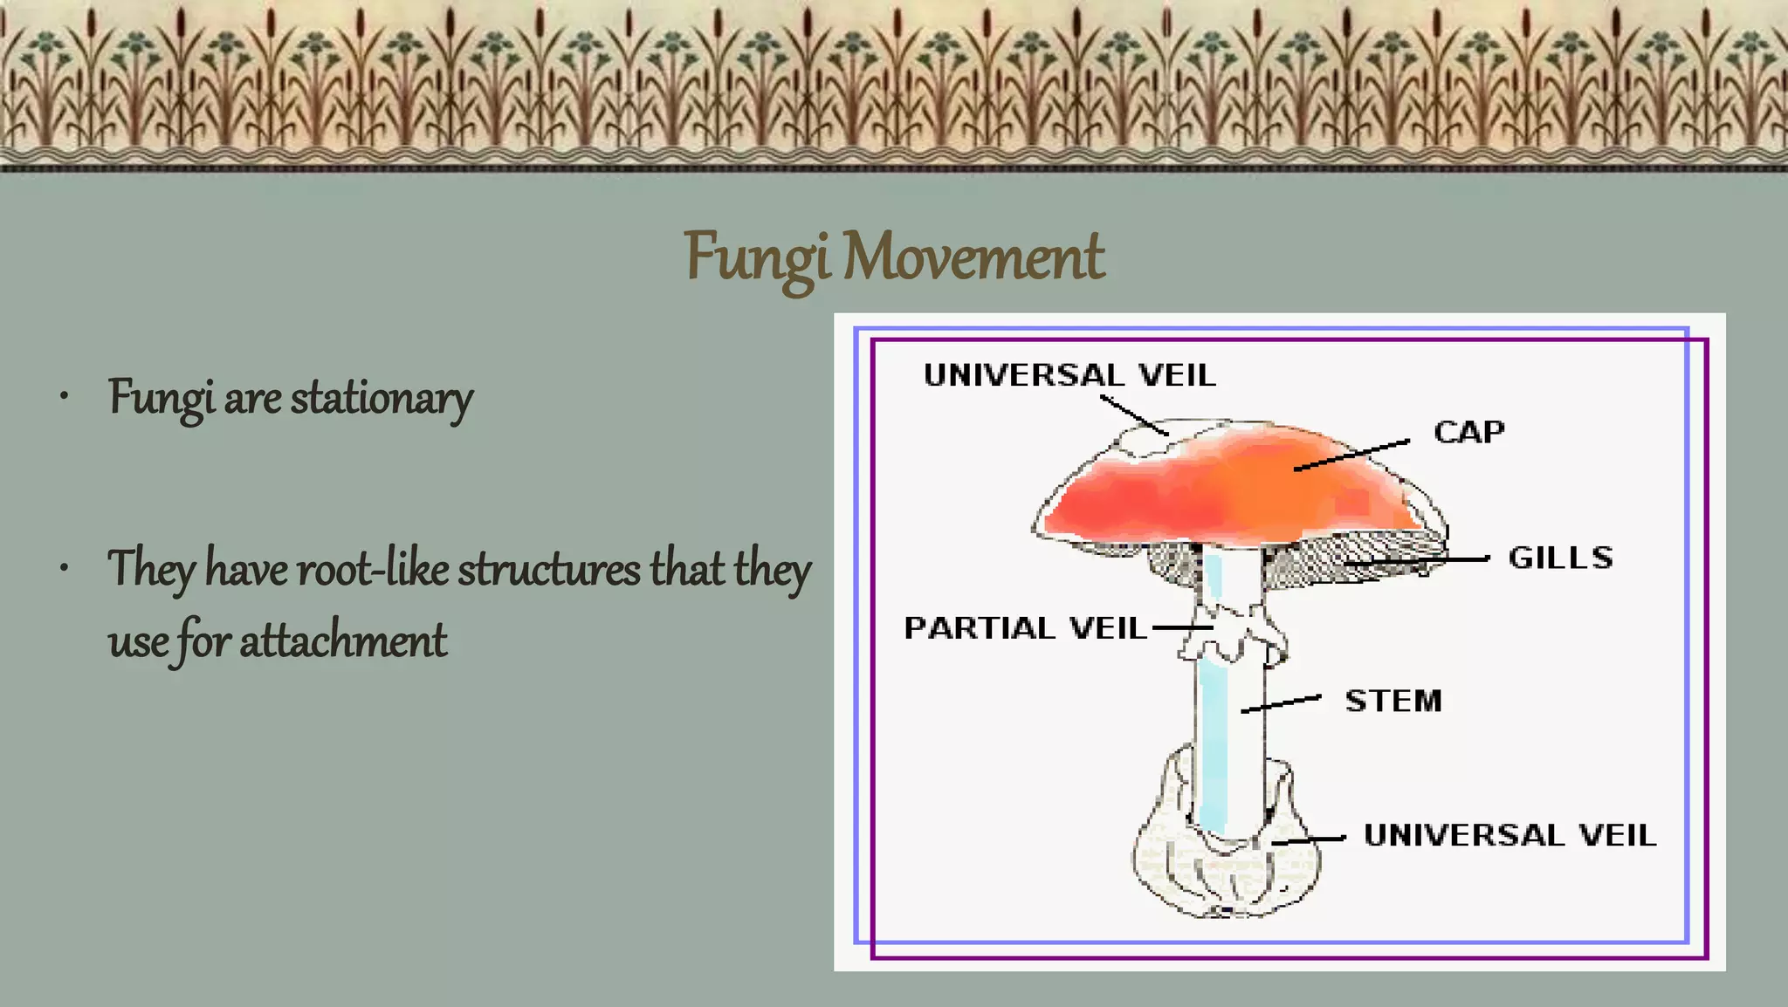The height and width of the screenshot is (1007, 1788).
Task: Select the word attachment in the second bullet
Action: pos(343,641)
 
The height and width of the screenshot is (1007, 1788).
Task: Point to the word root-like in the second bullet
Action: pos(373,569)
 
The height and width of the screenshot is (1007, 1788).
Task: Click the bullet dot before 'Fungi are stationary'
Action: pos(64,398)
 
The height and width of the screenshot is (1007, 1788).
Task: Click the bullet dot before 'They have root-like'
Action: pos(64,569)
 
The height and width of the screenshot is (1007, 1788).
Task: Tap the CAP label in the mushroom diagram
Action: pos(1469,432)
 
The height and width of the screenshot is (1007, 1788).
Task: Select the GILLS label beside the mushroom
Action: pos(1560,558)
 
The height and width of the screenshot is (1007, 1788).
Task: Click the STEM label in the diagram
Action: pos(1393,701)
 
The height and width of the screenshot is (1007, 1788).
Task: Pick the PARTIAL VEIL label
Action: pos(1025,627)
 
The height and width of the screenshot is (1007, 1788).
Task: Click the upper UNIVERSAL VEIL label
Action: pos(1069,375)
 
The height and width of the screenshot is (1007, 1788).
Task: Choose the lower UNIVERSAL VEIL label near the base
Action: pos(1509,835)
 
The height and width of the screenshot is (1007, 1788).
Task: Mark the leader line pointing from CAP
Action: pos(1351,456)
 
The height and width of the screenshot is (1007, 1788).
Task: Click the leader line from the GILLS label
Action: pos(1419,561)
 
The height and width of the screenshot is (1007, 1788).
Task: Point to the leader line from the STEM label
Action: pos(1281,704)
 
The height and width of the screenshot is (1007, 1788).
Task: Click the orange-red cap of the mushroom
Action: pos(1222,489)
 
